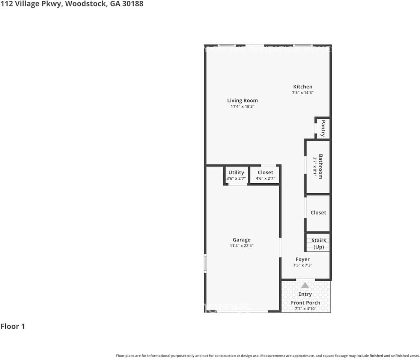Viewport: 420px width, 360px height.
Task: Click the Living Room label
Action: (242, 100)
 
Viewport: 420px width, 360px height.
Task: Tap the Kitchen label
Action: (303, 87)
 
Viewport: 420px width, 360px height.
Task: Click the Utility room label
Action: (236, 172)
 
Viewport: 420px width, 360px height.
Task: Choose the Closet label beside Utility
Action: (265, 172)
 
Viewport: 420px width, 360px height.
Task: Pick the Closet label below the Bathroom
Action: (318, 213)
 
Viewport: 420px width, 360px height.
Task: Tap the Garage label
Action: (241, 240)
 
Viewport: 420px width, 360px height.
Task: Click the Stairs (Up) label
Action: (319, 244)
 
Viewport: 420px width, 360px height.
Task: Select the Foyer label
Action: (303, 259)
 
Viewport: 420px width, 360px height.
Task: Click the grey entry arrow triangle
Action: (305, 285)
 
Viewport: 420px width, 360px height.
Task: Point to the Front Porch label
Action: (306, 303)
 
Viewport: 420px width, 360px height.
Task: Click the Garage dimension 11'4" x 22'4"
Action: (241, 246)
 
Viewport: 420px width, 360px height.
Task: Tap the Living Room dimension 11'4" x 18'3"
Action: (242, 106)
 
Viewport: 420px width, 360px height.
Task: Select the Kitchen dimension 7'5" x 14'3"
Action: (303, 93)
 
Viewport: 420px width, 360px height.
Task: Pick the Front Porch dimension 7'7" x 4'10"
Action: (306, 309)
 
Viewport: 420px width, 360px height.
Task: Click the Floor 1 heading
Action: (13, 326)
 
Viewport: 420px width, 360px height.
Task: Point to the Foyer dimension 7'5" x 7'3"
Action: (303, 265)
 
